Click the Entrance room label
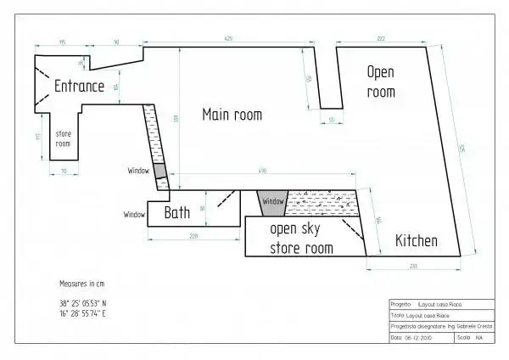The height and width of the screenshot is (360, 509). click(79, 86)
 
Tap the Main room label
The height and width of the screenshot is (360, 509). click(232, 115)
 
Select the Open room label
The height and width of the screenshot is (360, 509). click(381, 81)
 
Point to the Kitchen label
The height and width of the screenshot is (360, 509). click(417, 241)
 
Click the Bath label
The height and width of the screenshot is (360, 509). click(176, 212)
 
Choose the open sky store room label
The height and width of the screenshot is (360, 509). click(300, 239)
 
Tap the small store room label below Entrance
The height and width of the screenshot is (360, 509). click(63, 138)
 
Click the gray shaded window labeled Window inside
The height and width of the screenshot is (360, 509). click(271, 202)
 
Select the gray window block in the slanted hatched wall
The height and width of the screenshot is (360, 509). click(159, 171)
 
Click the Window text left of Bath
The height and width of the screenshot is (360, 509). click(134, 214)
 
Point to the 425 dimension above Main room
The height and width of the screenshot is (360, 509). click(228, 40)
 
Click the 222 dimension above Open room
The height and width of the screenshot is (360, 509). click(381, 40)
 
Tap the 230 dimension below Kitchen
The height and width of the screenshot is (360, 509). click(413, 267)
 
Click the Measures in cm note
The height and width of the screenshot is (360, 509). click(82, 283)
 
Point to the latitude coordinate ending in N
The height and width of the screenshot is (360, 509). click(82, 302)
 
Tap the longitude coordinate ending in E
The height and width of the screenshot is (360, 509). click(82, 313)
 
